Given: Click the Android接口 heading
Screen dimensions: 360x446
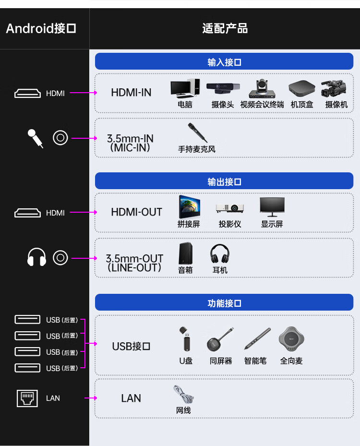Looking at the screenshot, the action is [x=41, y=28].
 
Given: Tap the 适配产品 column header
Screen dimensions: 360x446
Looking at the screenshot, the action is [x=225, y=28].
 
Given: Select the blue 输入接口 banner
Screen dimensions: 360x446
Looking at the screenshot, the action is [x=224, y=61].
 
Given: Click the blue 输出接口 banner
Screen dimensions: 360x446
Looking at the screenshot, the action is [x=224, y=181].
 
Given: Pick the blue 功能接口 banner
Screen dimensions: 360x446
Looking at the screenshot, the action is [x=224, y=302].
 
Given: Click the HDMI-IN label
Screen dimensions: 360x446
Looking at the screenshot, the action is [x=131, y=93].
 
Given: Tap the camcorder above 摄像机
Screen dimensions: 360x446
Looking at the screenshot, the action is [x=334, y=88].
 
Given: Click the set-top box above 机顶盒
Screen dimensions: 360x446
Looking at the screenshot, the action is [x=302, y=88].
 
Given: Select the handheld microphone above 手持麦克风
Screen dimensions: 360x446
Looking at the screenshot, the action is [x=197, y=133].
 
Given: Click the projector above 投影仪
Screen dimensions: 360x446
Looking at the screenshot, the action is [x=230, y=208].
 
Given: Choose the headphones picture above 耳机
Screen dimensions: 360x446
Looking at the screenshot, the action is [x=220, y=253].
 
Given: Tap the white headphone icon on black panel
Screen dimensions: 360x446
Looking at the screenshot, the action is [x=36, y=257].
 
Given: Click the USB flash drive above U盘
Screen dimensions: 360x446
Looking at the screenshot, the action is [x=186, y=339].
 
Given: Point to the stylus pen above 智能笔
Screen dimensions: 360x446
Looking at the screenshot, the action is [x=257, y=338].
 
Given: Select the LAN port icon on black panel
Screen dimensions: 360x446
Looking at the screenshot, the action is [x=27, y=398].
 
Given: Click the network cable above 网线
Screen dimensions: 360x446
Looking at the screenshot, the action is [x=183, y=395].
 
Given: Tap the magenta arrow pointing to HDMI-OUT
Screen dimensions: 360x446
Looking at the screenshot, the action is [x=84, y=212].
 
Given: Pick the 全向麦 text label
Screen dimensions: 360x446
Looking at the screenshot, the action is [x=291, y=361].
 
